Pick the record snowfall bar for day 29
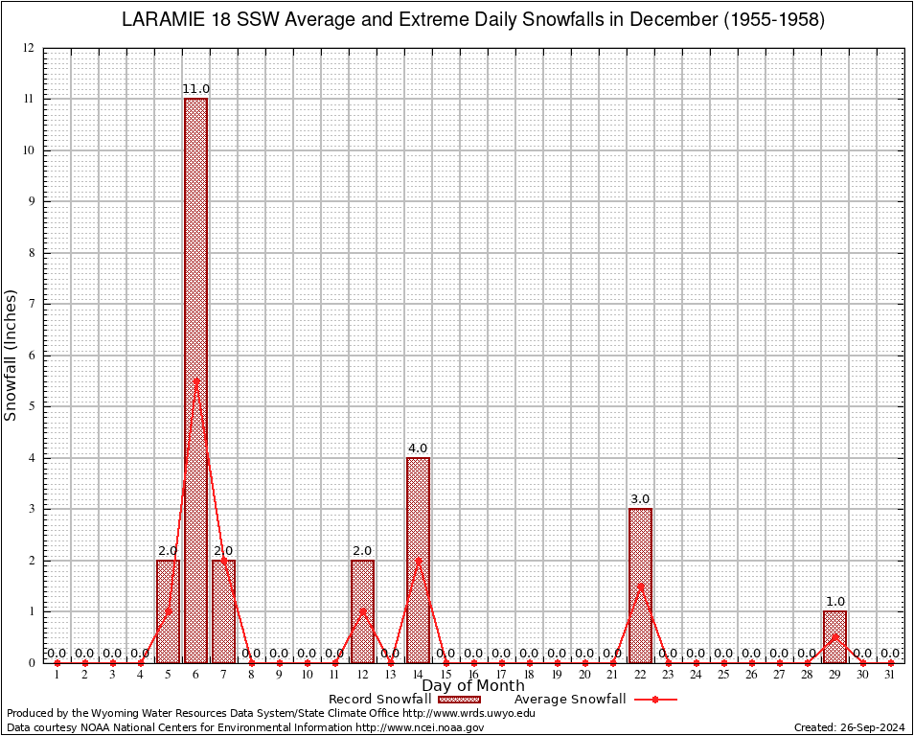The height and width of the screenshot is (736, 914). point(834,636)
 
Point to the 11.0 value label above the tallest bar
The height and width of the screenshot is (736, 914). point(195,89)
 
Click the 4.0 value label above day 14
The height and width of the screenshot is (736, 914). point(418,448)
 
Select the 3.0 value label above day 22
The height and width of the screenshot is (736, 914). point(640,499)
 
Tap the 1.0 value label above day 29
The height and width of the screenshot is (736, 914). point(834,602)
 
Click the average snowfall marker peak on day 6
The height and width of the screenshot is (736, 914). point(195,380)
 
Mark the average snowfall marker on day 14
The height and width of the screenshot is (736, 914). point(418,560)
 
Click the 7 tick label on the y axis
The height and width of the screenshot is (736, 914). point(31,304)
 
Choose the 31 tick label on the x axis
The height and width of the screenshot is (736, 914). point(890,675)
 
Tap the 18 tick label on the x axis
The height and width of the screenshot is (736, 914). point(529,675)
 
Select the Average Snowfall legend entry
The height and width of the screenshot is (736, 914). point(595,700)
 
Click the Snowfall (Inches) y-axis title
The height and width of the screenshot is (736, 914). point(11,355)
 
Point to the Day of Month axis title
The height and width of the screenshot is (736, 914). point(473,685)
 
